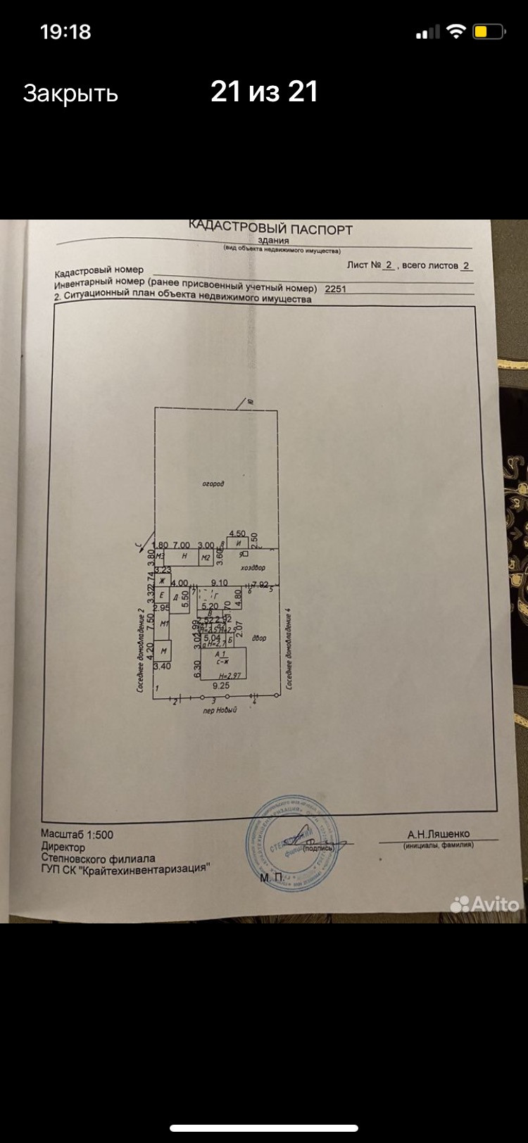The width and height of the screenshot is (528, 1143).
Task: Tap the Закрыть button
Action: pos(70,93)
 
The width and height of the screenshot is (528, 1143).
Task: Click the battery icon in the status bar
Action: pos(488,32)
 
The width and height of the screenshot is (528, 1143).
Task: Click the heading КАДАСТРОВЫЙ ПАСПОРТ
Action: pos(270,228)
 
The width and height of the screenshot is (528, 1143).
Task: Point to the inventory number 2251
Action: pos(335,289)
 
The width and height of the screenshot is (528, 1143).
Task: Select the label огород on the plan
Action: pos(213,484)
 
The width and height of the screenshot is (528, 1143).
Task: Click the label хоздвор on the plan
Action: pos(253,567)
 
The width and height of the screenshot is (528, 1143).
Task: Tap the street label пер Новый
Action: pos(220,710)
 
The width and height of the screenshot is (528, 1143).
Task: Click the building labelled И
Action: pos(238,544)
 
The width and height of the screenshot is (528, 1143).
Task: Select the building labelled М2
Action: pos(206,558)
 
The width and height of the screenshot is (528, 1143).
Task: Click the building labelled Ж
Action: pos(161,581)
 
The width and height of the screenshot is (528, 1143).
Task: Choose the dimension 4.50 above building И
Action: pos(237,533)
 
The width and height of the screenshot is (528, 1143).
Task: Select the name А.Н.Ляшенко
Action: pos(438,834)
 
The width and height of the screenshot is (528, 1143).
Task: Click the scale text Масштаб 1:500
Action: pos(77,835)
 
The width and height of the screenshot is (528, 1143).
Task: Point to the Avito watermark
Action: pos(485,904)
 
